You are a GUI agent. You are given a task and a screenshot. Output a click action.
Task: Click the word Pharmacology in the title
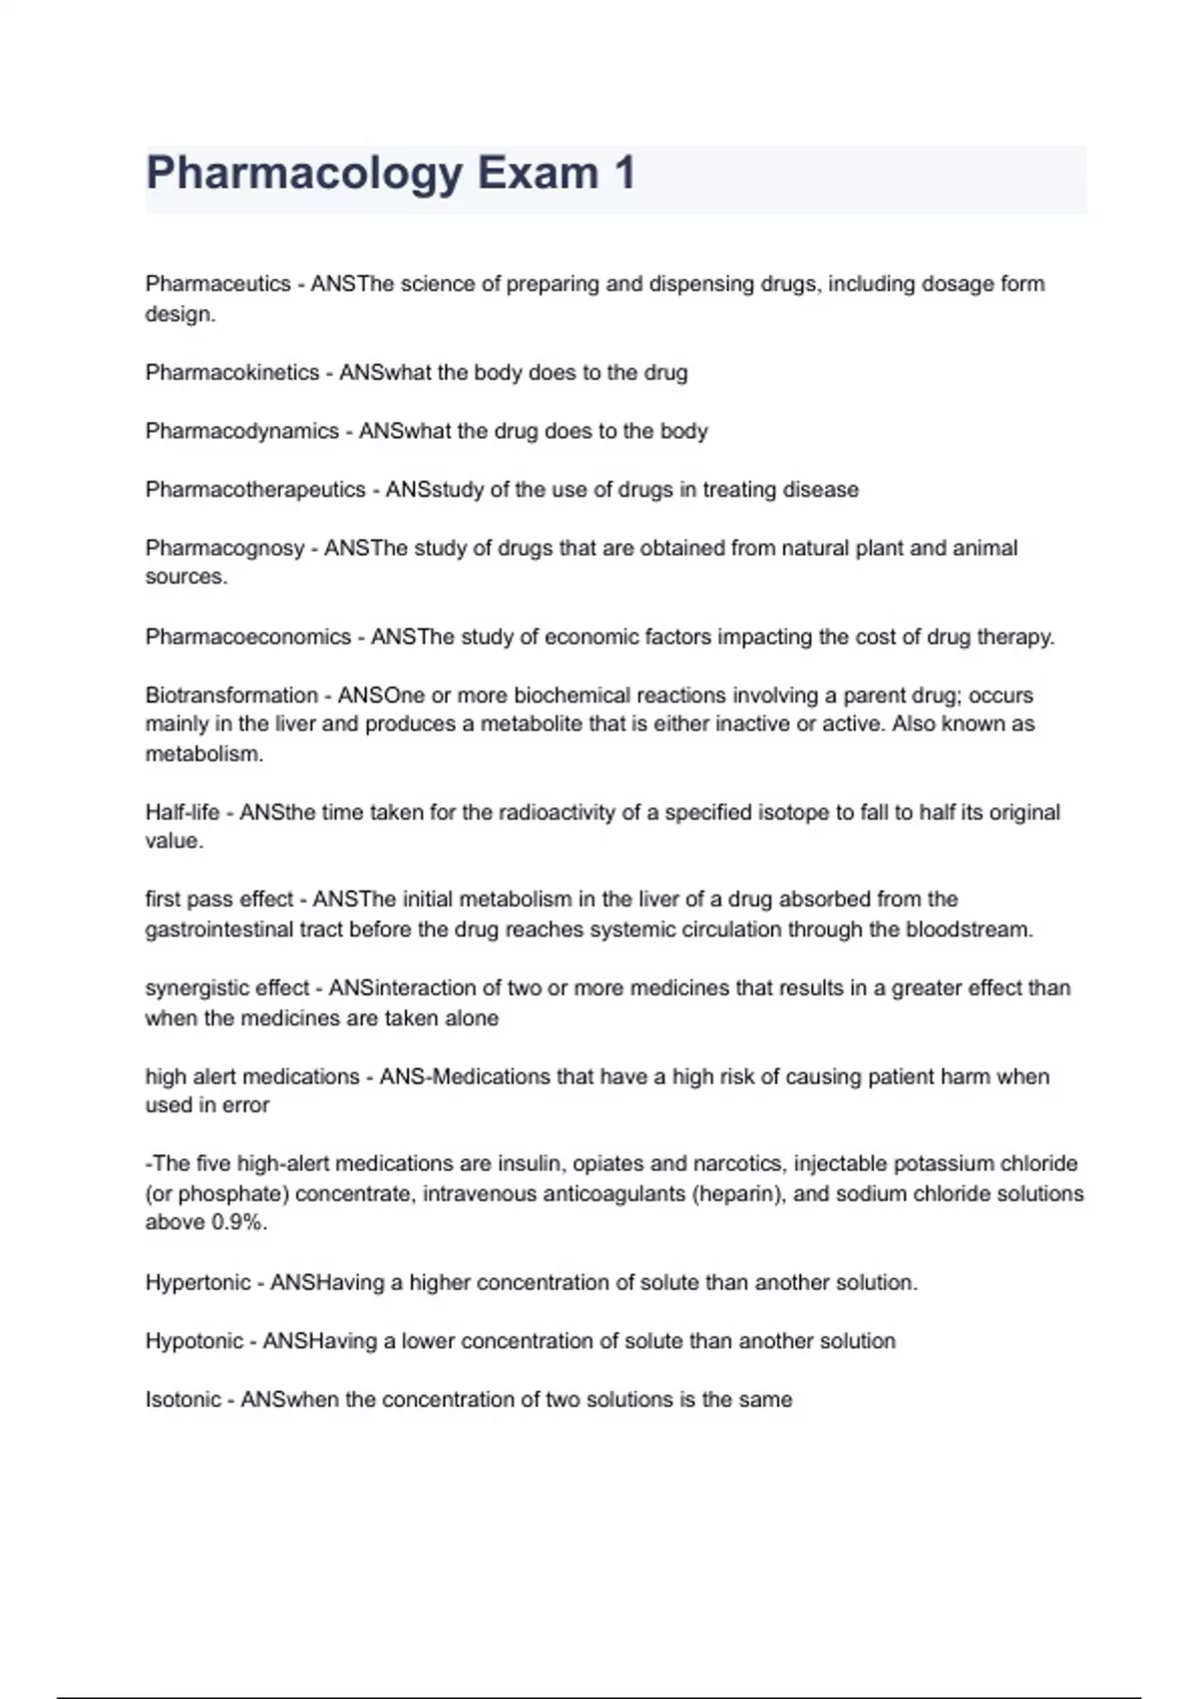click(304, 174)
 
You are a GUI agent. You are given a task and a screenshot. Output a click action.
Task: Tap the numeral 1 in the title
click(624, 172)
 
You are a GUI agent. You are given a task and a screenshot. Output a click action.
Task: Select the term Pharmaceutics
click(218, 284)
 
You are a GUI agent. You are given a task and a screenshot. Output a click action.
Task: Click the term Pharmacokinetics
click(232, 373)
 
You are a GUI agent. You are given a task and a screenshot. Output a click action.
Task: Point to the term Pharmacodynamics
click(242, 431)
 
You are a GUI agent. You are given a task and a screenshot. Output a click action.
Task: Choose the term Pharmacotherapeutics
click(255, 490)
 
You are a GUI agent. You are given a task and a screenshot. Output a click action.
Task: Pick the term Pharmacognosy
click(225, 548)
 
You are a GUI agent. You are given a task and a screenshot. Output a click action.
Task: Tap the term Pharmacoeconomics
click(248, 637)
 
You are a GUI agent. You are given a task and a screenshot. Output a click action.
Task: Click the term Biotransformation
click(231, 695)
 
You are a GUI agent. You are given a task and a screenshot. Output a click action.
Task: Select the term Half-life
click(182, 813)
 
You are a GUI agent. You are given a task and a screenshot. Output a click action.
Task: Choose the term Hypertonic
click(197, 1282)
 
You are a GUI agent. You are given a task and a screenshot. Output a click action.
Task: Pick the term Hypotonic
click(194, 1341)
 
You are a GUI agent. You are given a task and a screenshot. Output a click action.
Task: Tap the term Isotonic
click(182, 1399)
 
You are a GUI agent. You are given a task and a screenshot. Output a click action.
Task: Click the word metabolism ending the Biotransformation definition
click(203, 755)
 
